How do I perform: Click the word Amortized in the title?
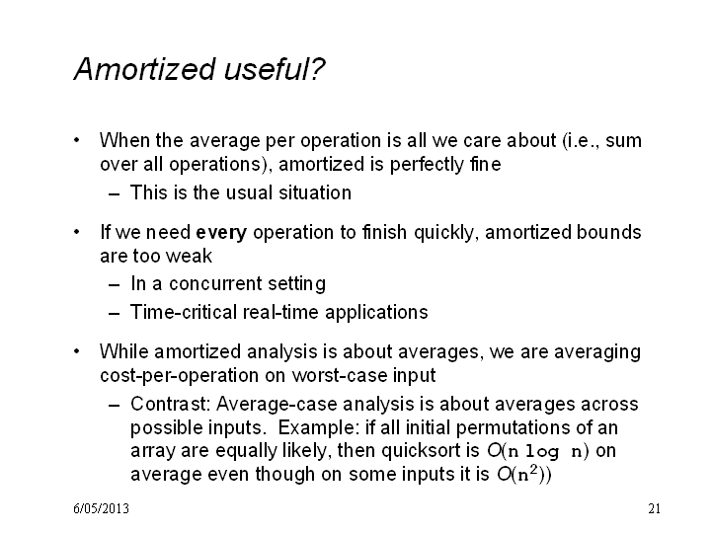pyautogui.click(x=144, y=69)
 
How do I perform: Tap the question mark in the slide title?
pyautogui.click(x=318, y=69)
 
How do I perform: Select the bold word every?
pyautogui.click(x=221, y=233)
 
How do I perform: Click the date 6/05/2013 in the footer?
pyautogui.click(x=101, y=508)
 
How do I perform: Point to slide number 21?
pyautogui.click(x=654, y=508)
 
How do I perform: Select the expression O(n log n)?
pyautogui.click(x=538, y=451)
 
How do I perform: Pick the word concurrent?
pyautogui.click(x=215, y=284)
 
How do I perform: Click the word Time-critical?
pyautogui.click(x=184, y=312)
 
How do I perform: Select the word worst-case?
pyautogui.click(x=340, y=376)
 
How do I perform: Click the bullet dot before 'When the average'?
pyautogui.click(x=77, y=140)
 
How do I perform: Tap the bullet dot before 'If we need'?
pyautogui.click(x=77, y=233)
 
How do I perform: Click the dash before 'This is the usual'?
pyautogui.click(x=114, y=194)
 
